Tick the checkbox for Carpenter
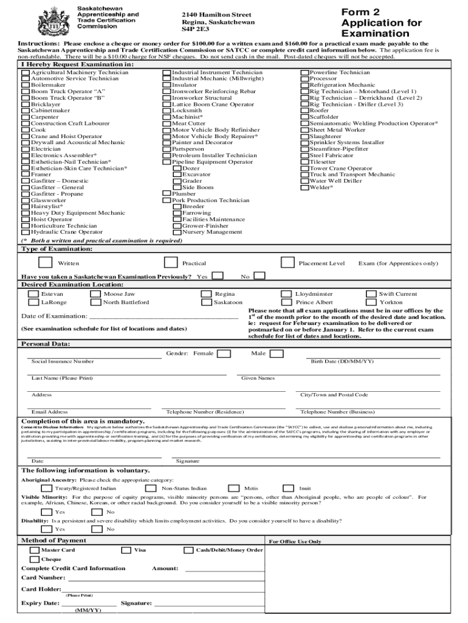pyautogui.click(x=26, y=117)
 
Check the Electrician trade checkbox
pyautogui.click(x=26, y=149)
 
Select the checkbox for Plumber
pyautogui.click(x=167, y=194)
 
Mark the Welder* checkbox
pyautogui.click(x=305, y=187)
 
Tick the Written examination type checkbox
pyautogui.click(x=45, y=263)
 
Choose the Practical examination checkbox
pyautogui.click(x=171, y=263)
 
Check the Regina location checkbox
pyautogui.click(x=206, y=294)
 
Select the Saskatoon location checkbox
pyautogui.click(x=206, y=302)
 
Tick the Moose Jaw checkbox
pyautogui.click(x=95, y=294)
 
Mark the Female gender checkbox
pyautogui.click(x=224, y=353)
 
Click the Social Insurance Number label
pyautogui.click(x=63, y=361)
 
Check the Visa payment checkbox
pyautogui.click(x=126, y=550)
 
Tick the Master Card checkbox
pyautogui.click(x=35, y=550)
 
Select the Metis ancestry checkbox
pyautogui.click(x=233, y=488)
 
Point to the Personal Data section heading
pyautogui.click(x=44, y=344)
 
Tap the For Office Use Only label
pyautogui.click(x=295, y=541)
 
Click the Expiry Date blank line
pyautogui.click(x=89, y=604)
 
